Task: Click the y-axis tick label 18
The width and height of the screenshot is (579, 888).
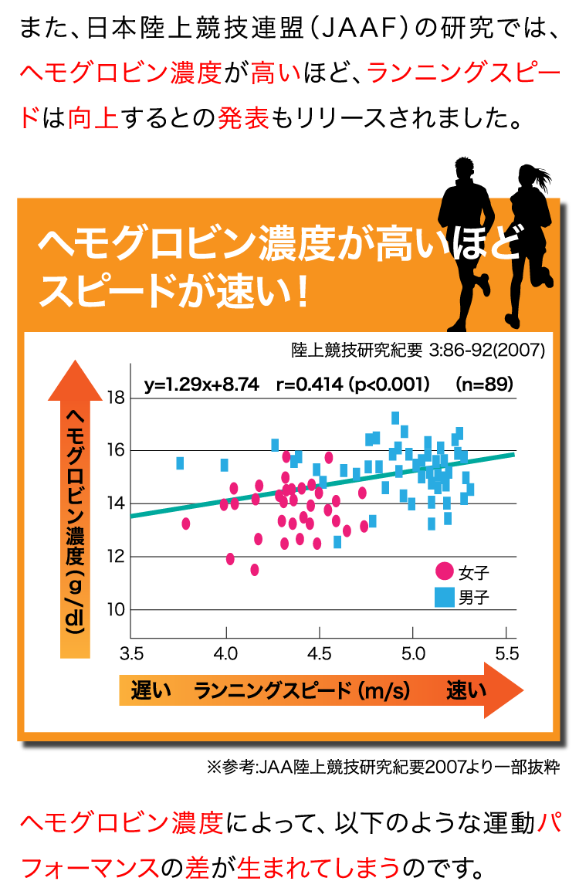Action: pos(116,398)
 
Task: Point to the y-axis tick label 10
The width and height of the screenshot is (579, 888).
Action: pos(116,610)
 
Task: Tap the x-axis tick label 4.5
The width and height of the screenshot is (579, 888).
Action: pos(320,655)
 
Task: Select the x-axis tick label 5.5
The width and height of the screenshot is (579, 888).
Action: pos(507,655)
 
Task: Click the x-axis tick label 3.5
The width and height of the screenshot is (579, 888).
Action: pos(131,655)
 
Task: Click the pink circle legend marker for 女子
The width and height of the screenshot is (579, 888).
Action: pos(444,572)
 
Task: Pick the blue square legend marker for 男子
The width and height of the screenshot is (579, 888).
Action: pos(444,597)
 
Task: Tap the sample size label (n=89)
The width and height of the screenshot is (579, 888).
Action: pos(484,384)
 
